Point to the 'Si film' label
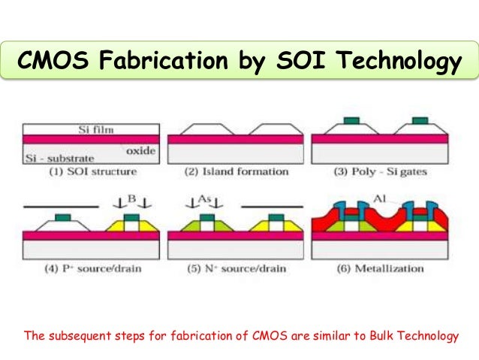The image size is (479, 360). [95, 130]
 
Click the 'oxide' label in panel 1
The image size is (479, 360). [140, 150]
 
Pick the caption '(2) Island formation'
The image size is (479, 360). [236, 172]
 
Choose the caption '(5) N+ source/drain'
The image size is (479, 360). [236, 268]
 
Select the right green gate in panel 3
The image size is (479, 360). [421, 119]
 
